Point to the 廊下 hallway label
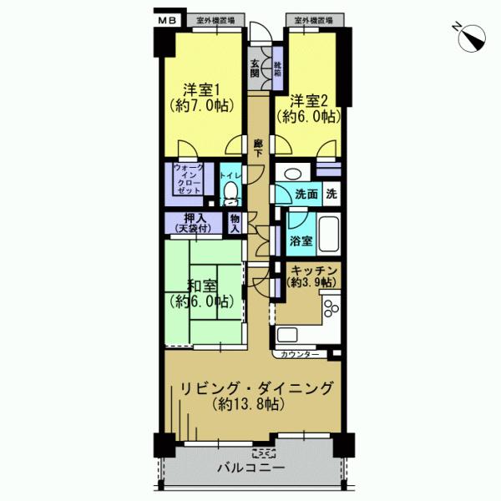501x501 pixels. (x=259, y=148)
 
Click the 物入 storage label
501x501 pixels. (x=235, y=223)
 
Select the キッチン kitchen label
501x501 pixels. (x=313, y=276)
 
